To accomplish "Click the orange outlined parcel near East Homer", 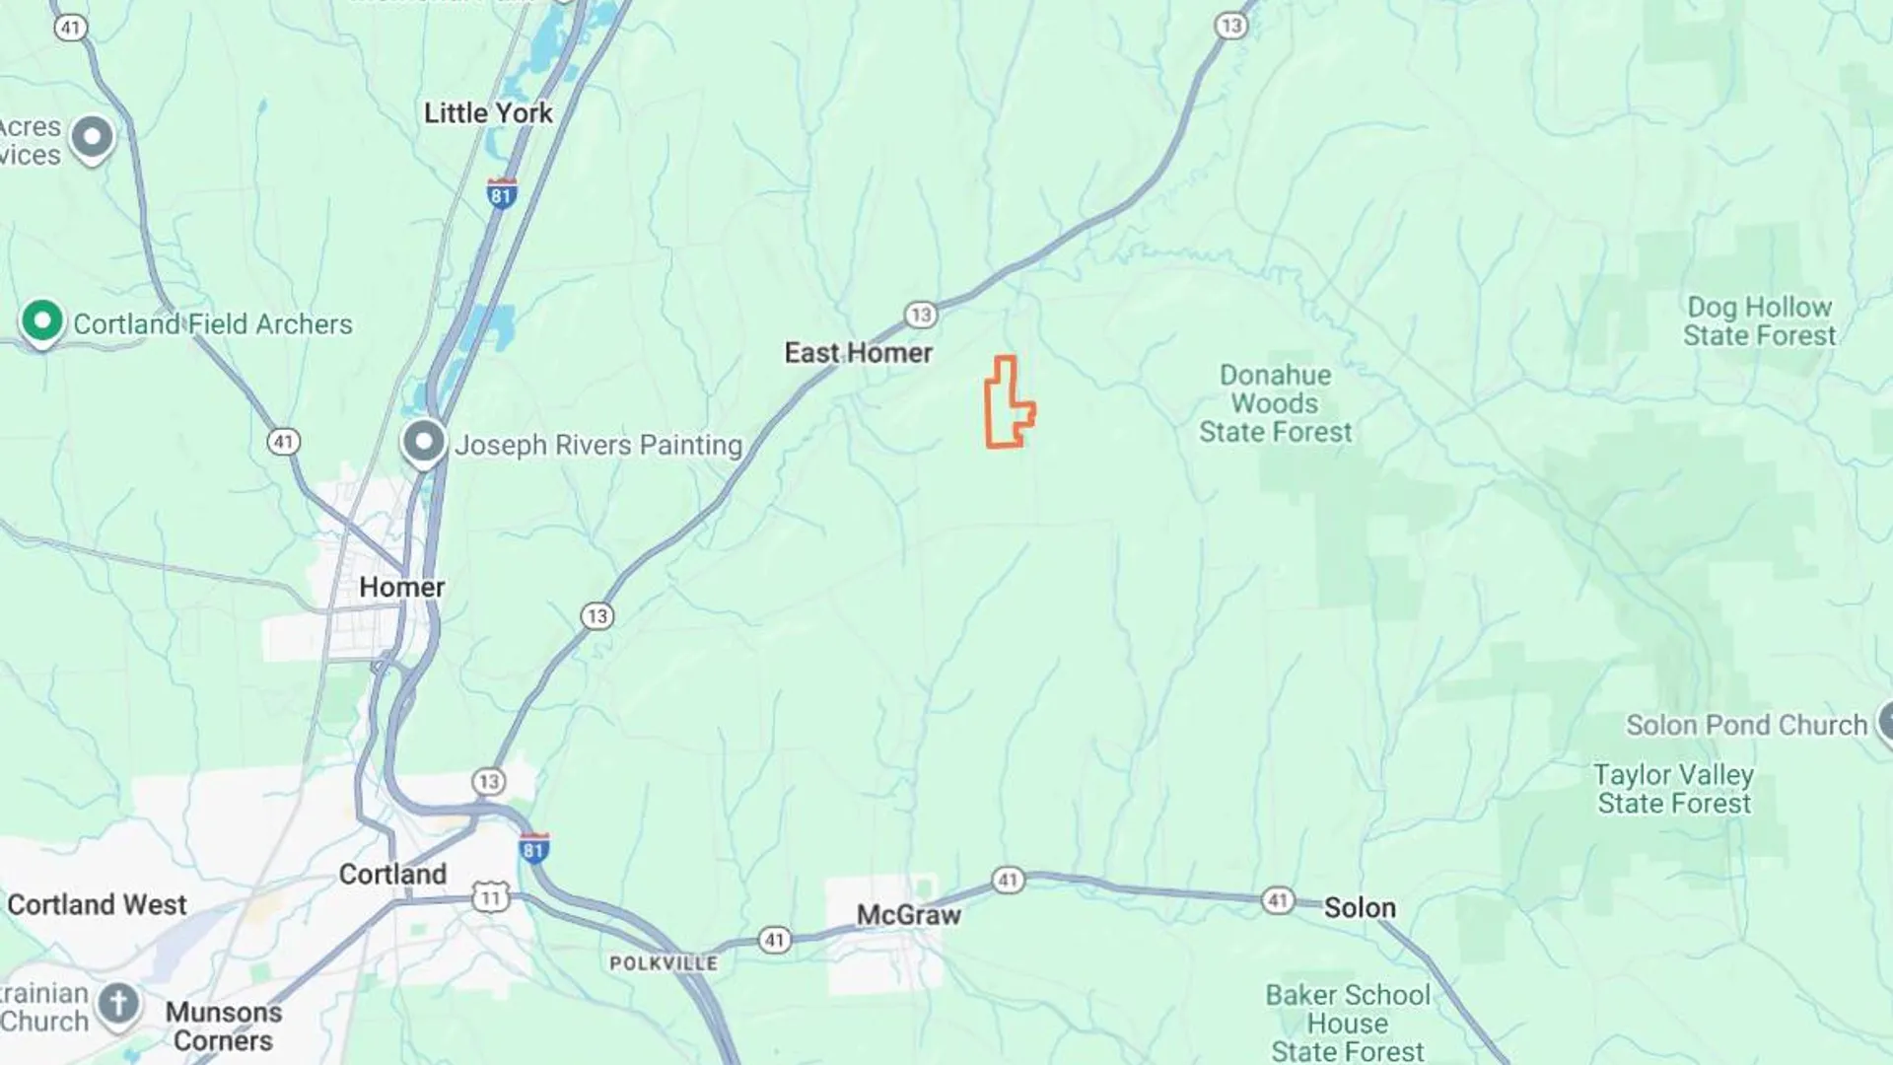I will pos(1005,404).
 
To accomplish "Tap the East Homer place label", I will pos(858,353).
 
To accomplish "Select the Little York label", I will pos(488,113).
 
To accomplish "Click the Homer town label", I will pos(401,588).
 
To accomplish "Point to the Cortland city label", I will pos(392,875).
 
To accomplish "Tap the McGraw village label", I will pos(908,915).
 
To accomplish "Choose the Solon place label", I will pos(1359,908).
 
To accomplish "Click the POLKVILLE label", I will pos(664,963).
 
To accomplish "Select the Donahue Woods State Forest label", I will pos(1275,403).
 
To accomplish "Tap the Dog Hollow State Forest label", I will pos(1759,321).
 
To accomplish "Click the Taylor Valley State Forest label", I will pos(1674,789).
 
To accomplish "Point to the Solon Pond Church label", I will pos(1746,726).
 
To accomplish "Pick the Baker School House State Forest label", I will pos(1347,1023).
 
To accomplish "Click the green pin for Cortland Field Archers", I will pos(42,320).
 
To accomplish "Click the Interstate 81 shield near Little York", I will pos(502,193).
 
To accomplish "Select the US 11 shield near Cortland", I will pos(490,897).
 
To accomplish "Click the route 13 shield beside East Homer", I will pos(921,315).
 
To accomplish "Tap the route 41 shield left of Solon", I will pos(1278,900).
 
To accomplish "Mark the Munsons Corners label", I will pos(223,1027).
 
